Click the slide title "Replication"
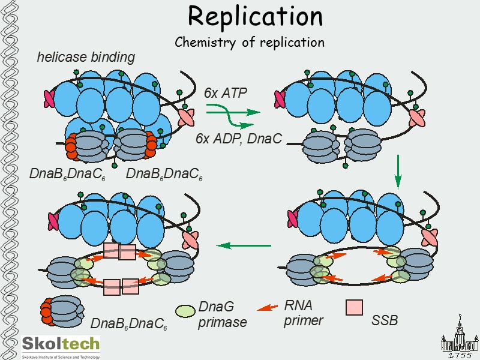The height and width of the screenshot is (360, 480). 255,16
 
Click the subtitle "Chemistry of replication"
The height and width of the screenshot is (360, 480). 250,43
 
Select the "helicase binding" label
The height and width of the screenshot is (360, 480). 86,58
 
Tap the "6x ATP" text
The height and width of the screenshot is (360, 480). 226,92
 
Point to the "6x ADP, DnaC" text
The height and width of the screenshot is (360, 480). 239,138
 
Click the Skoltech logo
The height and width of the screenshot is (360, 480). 61,346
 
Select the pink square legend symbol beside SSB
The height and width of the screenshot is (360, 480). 355,307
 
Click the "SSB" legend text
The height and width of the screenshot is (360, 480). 385,320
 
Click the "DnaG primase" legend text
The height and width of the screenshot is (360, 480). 222,315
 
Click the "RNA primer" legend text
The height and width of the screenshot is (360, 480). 303,313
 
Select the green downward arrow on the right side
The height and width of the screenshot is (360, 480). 397,170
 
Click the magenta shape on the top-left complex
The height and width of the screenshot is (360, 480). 50,98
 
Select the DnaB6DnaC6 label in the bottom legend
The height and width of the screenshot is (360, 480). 129,324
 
